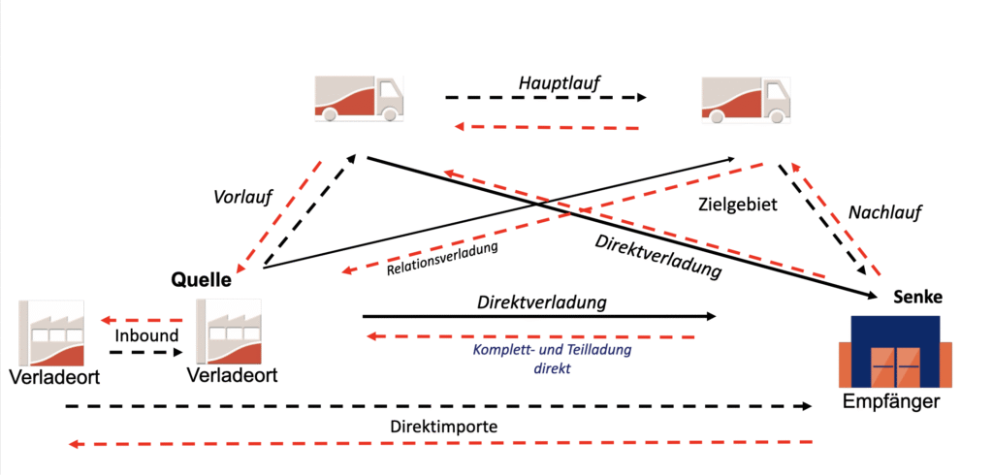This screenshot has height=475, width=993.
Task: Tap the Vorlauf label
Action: click(242, 197)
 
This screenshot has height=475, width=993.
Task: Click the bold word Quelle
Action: click(202, 281)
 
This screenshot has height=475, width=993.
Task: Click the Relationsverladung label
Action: click(441, 257)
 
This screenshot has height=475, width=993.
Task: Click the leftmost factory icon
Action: click(50, 332)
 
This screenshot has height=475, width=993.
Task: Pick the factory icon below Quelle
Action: click(230, 332)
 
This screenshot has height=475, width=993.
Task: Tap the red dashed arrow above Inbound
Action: click(143, 319)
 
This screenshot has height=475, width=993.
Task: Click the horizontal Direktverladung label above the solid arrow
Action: click(542, 302)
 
